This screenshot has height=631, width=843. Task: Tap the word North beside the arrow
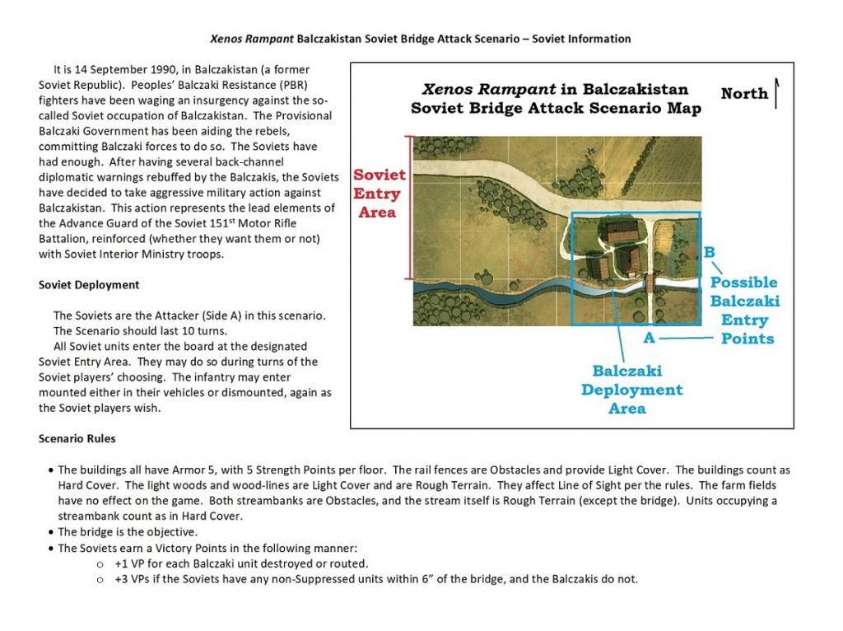[744, 94]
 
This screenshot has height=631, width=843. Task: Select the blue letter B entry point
[710, 252]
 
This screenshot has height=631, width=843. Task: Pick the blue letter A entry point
[649, 338]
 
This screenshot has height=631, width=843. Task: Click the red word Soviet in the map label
[380, 175]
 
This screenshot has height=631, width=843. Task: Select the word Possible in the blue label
[744, 283]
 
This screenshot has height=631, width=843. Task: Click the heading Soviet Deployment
[89, 285]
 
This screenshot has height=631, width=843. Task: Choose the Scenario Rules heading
[77, 438]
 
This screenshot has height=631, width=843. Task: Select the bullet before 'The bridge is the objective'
[52, 532]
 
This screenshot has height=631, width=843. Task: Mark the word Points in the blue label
[748, 339]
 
